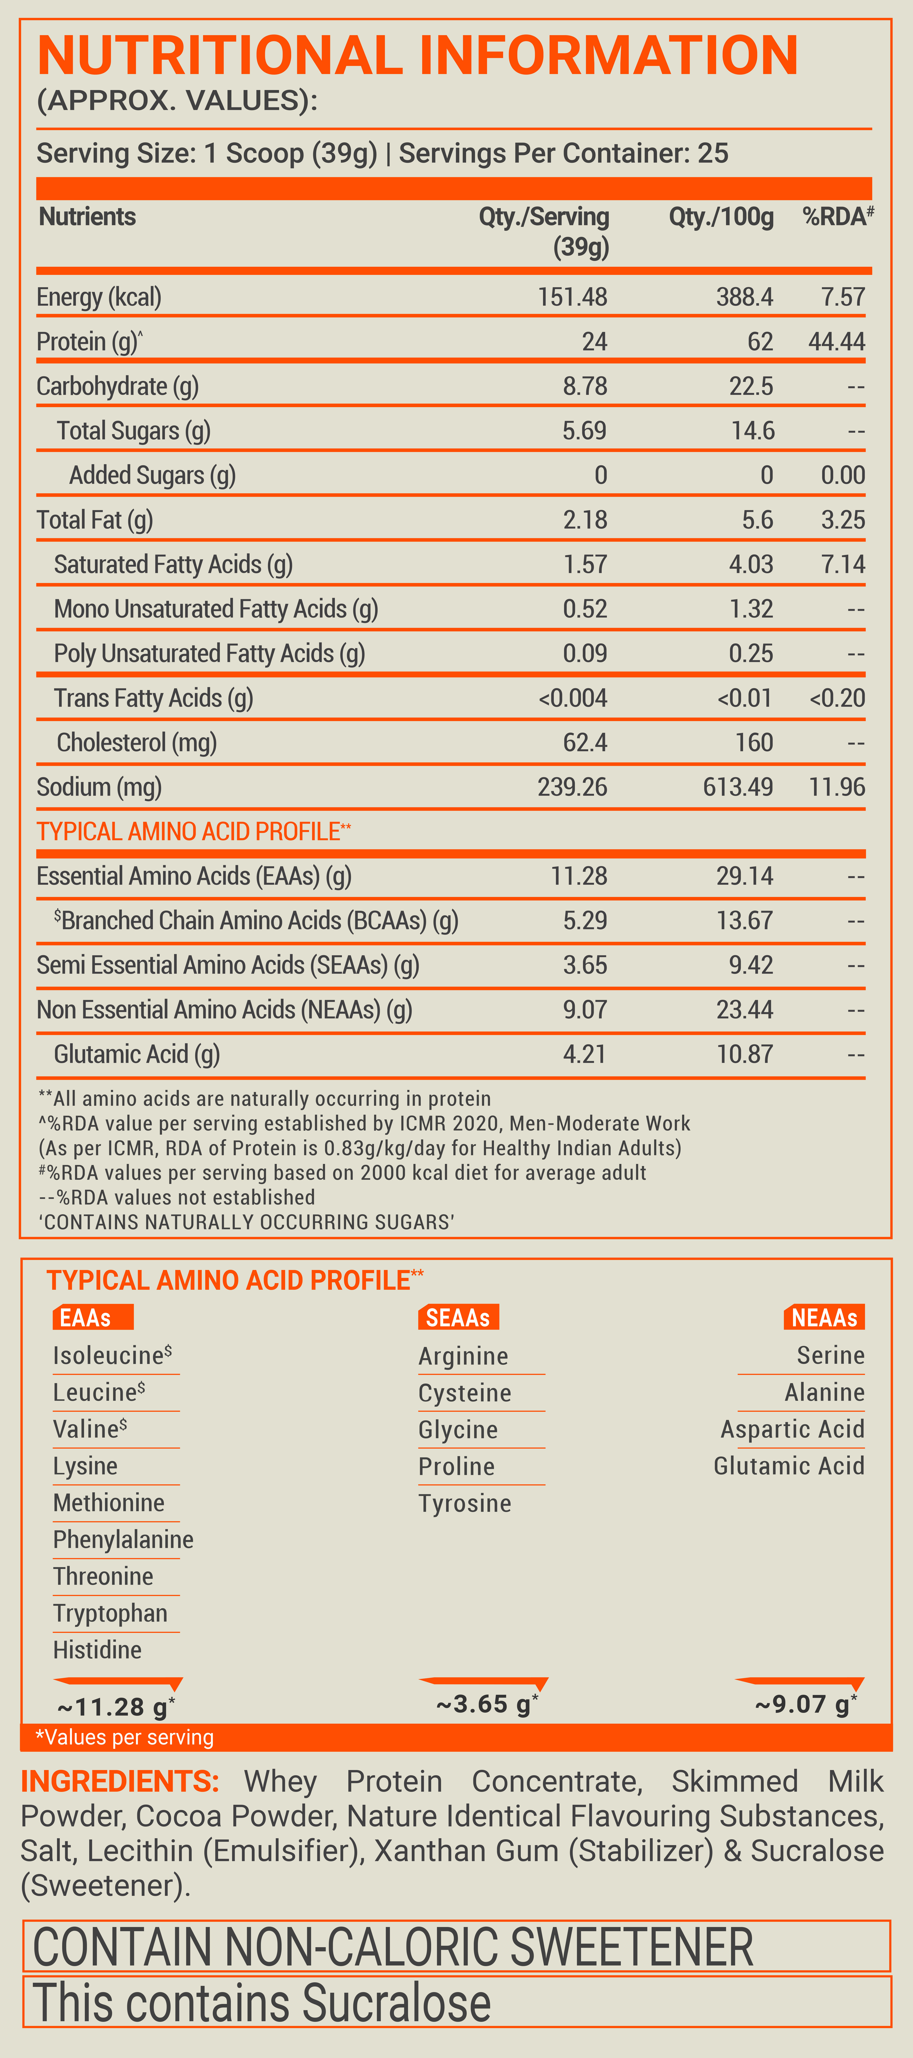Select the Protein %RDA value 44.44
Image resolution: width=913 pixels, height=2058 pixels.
(836, 342)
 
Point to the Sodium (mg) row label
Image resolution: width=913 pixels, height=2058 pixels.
(99, 787)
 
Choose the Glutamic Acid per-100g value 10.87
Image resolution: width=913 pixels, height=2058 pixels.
(745, 1055)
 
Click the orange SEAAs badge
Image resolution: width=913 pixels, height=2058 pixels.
(458, 1317)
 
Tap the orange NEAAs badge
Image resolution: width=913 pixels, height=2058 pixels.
(824, 1317)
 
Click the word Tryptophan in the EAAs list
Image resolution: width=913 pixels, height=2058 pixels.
(110, 1613)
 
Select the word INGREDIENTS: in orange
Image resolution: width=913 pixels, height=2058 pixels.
(120, 1782)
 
